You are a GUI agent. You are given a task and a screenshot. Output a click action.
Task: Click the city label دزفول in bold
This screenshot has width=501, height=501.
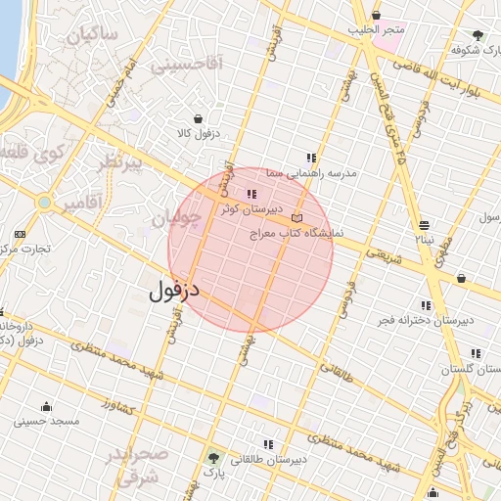coord(176,291)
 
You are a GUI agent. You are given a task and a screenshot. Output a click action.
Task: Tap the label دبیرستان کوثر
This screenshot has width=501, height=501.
coord(250,208)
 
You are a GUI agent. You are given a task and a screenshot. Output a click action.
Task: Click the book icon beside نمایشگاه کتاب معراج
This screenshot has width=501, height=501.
coord(297,217)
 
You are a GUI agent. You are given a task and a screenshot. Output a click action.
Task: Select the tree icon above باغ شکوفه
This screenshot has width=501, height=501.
coord(478,34)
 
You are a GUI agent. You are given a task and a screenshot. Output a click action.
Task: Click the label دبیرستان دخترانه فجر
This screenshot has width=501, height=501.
coord(427,320)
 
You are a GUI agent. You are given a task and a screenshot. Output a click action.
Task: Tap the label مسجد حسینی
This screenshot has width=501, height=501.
coord(46,422)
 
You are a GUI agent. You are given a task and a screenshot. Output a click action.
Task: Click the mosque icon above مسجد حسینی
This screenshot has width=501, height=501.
coord(46,406)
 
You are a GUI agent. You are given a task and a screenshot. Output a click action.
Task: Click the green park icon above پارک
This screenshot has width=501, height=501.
coord(213,457)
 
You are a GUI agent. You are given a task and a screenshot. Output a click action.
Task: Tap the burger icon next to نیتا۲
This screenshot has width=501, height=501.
coord(423,224)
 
